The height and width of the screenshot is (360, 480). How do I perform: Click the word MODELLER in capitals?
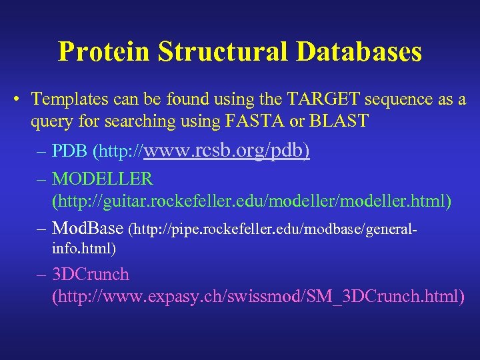point(103,179)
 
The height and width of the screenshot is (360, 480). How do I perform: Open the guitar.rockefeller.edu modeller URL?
point(251,201)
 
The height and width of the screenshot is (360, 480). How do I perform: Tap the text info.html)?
point(84,249)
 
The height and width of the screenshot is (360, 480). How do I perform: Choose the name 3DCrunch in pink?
point(91,275)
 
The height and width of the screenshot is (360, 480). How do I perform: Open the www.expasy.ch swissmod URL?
point(257,296)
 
